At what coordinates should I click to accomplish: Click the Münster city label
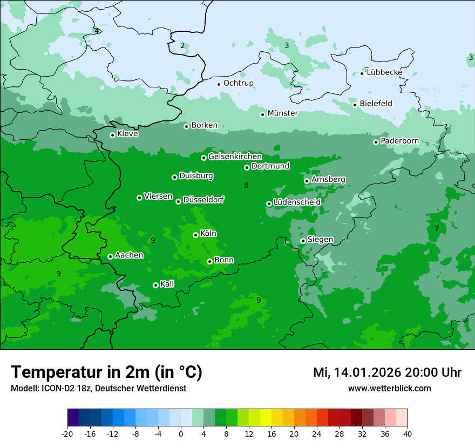[282, 113]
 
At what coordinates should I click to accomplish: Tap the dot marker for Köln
[195, 235]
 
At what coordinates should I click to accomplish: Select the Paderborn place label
[399, 141]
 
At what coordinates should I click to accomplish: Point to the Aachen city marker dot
[110, 256]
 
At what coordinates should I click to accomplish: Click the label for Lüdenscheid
[297, 202]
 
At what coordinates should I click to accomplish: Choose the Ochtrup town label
[238, 83]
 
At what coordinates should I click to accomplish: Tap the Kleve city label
[127, 134]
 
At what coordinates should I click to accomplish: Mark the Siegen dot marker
[303, 241]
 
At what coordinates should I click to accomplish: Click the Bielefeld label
[376, 104]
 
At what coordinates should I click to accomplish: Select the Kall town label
[167, 284]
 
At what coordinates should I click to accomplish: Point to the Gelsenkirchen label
[235, 157]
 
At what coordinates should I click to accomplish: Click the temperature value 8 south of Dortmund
[246, 186]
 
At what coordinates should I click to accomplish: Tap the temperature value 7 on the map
[437, 229]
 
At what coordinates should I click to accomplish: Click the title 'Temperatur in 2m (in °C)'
[107, 372]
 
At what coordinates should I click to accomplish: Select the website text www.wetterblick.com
[389, 389]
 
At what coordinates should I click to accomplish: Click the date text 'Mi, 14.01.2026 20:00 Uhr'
[387, 372]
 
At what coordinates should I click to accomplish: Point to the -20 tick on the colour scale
[67, 434]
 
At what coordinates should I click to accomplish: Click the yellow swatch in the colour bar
[266, 418]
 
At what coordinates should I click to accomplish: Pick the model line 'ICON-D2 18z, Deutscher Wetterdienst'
[98, 389]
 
